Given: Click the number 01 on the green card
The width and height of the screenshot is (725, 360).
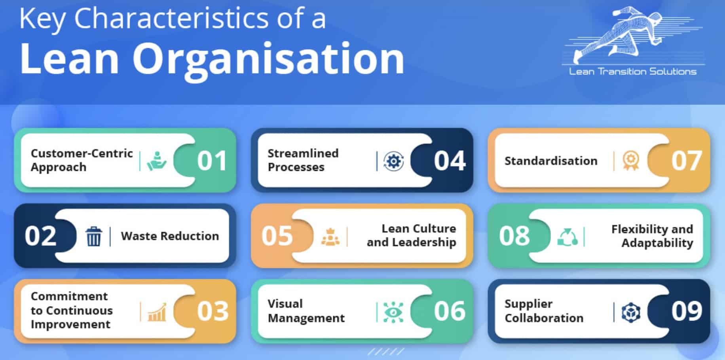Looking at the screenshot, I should pyautogui.click(x=212, y=161).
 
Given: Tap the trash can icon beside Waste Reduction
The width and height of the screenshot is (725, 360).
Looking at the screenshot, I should pyautogui.click(x=94, y=236).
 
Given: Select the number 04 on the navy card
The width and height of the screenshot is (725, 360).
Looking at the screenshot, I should pyautogui.click(x=449, y=161).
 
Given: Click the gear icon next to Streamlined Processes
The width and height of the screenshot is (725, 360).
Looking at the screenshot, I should pyautogui.click(x=393, y=161).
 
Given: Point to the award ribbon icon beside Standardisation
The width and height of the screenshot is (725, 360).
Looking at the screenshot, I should pyautogui.click(x=630, y=161).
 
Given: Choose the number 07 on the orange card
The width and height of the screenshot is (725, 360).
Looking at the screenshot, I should pyautogui.click(x=686, y=161).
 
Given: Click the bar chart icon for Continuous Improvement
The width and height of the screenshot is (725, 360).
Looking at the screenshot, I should pyautogui.click(x=157, y=312).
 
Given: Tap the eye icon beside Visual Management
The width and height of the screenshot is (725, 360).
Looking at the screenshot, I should pyautogui.click(x=393, y=312).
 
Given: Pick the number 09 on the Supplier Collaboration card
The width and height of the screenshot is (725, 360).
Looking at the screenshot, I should pyautogui.click(x=686, y=311).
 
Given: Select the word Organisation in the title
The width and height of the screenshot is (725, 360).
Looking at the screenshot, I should pyautogui.click(x=268, y=59).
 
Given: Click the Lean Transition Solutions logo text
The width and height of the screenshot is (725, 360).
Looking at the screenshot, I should pyautogui.click(x=632, y=72).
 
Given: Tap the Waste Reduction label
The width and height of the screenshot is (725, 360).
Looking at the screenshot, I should pyautogui.click(x=170, y=236).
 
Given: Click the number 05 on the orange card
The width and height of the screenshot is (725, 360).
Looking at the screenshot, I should pyautogui.click(x=277, y=236).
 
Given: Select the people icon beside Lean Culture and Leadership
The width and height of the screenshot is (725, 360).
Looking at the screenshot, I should pyautogui.click(x=330, y=237).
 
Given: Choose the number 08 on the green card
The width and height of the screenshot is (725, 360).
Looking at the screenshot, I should pyautogui.click(x=514, y=236).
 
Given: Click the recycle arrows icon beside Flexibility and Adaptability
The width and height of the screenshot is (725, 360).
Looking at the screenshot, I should pyautogui.click(x=567, y=237).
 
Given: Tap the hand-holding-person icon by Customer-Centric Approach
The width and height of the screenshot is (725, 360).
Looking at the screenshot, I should pyautogui.click(x=157, y=161).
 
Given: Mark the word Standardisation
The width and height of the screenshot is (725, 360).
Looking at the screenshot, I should pyautogui.click(x=551, y=161).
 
